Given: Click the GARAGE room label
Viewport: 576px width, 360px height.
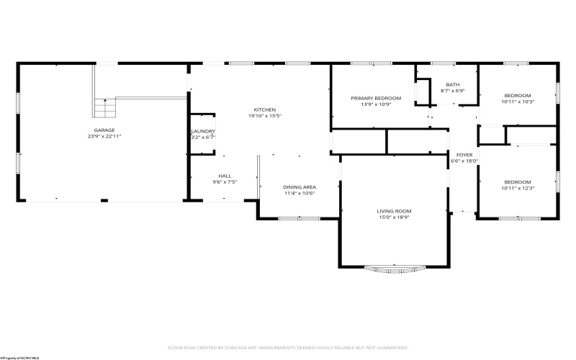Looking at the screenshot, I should click(104, 130).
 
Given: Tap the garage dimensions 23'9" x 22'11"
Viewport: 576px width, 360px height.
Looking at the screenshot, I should click(104, 136).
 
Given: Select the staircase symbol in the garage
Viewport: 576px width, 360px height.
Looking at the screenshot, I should click(104, 109).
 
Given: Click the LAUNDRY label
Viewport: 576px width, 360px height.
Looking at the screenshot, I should click(202, 131).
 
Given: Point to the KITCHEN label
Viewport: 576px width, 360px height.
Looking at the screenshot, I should click(265, 109).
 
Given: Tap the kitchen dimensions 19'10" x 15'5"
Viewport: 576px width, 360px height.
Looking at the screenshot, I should click(265, 115).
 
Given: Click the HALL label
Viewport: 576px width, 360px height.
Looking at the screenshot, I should click(225, 176).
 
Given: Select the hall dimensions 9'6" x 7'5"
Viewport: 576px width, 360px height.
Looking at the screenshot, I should click(225, 182).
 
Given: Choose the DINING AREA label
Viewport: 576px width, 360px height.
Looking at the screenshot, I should click(299, 187).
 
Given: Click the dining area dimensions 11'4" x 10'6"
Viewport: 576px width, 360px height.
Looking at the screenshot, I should click(299, 193).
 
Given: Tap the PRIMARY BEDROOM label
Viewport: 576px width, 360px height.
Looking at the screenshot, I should click(376, 98).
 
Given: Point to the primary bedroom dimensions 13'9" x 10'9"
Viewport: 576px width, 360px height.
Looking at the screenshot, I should click(376, 104).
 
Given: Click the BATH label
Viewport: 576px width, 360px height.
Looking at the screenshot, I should click(452, 84).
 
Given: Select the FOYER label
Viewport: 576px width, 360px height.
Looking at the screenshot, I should click(464, 155).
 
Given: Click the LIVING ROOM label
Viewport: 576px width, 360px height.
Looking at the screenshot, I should click(394, 211).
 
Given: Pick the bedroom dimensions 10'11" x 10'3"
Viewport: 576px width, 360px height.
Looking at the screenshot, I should click(517, 102).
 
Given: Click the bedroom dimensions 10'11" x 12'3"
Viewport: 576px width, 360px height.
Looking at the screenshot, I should click(517, 188).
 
